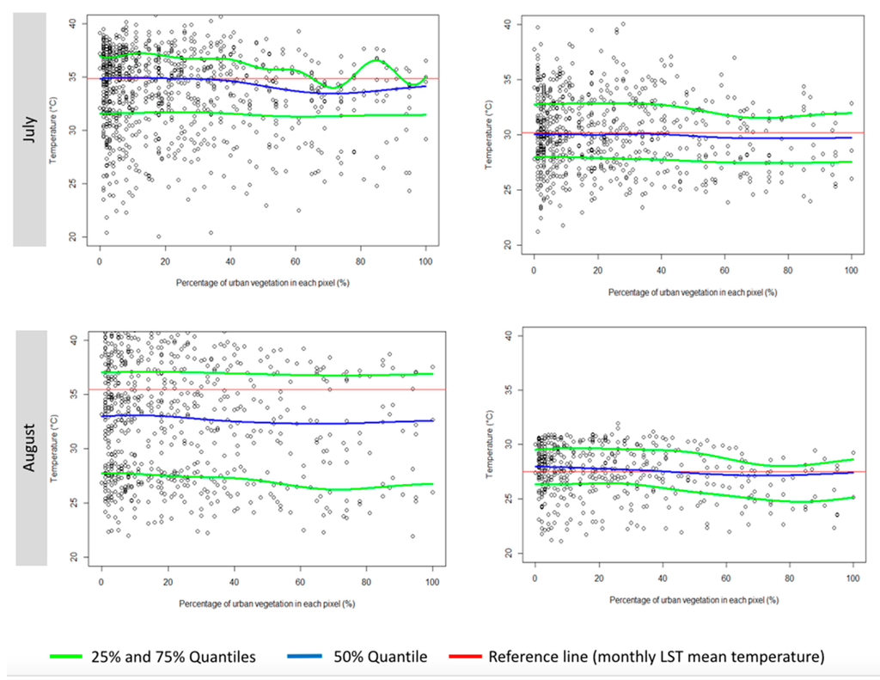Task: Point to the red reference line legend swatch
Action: (465, 657)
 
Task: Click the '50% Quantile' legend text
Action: (381, 657)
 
